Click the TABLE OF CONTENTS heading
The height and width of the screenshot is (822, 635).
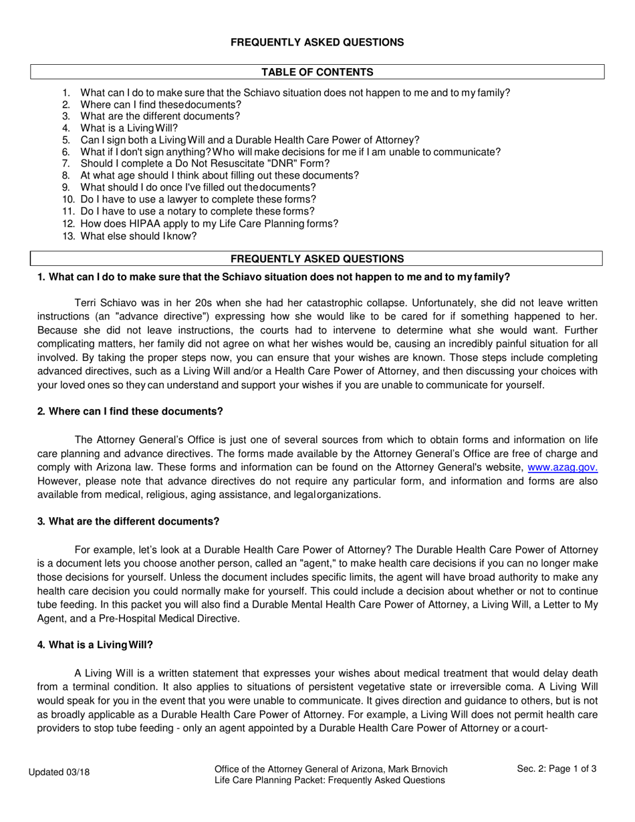317,72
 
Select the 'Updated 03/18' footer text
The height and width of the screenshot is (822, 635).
59,773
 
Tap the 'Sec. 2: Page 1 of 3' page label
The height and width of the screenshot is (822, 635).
557,769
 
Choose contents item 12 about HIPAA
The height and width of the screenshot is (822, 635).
209,224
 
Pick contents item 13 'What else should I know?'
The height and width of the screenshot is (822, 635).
138,236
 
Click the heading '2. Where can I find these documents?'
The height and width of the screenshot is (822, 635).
130,411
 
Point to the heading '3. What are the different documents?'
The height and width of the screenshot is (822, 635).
128,521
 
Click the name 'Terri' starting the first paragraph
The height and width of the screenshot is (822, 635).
87,303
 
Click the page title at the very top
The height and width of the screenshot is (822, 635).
317,42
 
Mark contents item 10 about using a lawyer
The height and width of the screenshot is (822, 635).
198,200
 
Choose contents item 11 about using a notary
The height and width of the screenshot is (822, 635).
197,212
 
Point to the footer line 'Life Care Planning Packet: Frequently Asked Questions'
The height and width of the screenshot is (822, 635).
330,780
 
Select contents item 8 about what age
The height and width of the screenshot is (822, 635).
219,176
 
